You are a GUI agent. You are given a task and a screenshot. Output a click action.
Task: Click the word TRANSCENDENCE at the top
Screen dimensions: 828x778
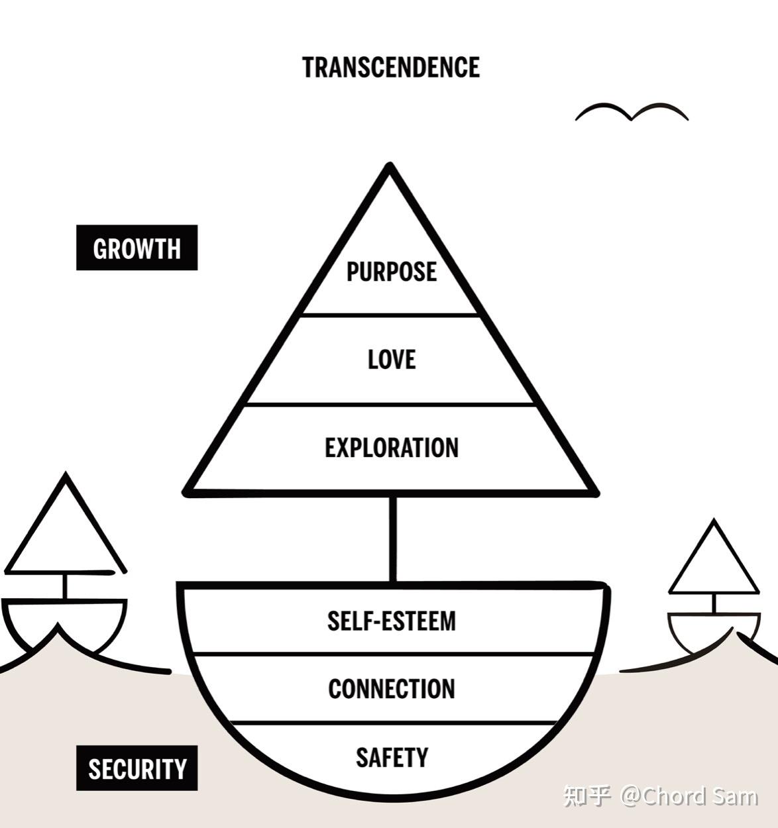(x=391, y=68)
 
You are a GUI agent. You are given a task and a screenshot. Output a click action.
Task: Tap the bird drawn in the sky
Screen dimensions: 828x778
(x=632, y=113)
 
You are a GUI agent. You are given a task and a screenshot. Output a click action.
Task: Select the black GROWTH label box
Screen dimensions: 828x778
(x=137, y=248)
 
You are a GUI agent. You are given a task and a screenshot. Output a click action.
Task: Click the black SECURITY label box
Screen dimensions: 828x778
(x=137, y=768)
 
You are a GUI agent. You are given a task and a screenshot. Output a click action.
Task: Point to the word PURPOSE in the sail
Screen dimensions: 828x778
(x=391, y=272)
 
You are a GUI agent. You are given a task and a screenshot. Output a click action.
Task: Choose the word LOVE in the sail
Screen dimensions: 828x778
(x=391, y=360)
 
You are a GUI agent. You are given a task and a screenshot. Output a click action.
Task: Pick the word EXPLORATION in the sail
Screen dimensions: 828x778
(x=391, y=448)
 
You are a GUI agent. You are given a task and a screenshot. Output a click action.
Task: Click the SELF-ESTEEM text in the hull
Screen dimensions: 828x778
(x=391, y=621)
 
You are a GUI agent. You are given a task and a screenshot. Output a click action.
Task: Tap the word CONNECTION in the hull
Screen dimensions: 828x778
(x=391, y=689)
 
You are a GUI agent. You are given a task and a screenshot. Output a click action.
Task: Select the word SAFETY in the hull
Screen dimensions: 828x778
(x=391, y=757)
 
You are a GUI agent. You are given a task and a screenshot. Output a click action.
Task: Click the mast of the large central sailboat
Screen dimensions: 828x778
(x=393, y=538)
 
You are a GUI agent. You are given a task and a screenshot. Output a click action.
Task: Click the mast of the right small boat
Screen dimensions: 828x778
(x=714, y=603)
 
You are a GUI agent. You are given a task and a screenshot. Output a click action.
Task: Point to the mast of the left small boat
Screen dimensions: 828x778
(x=65, y=586)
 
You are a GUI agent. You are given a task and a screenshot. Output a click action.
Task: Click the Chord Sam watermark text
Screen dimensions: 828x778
(x=689, y=795)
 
